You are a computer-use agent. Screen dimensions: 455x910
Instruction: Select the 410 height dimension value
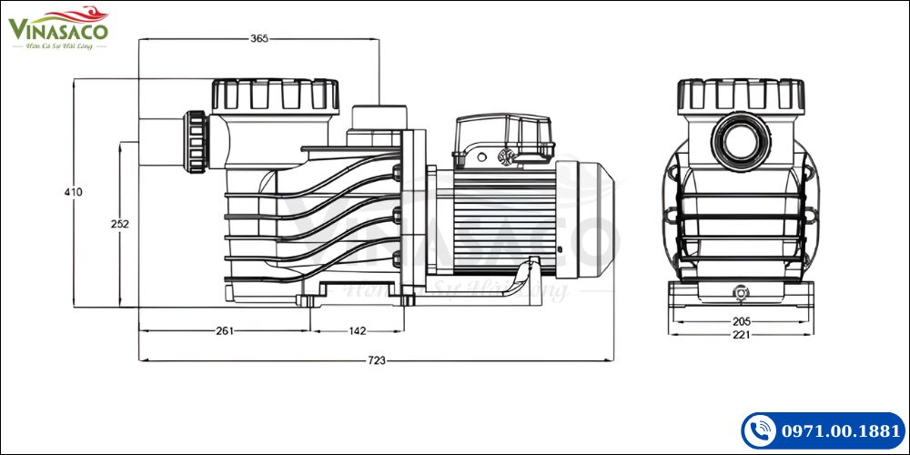[73, 192]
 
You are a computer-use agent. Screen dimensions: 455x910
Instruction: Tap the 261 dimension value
[225, 330]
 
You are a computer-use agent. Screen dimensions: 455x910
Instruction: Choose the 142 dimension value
[358, 330]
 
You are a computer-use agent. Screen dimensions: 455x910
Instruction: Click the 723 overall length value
[376, 360]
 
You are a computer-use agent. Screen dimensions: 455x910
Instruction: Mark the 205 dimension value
[741, 321]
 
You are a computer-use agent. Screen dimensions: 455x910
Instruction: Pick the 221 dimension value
[741, 335]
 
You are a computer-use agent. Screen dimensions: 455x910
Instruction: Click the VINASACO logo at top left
[59, 29]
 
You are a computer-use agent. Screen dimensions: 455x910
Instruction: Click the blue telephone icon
[760, 430]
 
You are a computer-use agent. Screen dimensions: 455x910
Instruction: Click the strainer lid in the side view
[275, 95]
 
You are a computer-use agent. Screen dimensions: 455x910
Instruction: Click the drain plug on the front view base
[741, 293]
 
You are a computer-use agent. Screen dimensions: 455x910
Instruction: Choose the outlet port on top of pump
[377, 118]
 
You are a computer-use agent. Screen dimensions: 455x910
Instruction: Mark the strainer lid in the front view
[741, 94]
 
